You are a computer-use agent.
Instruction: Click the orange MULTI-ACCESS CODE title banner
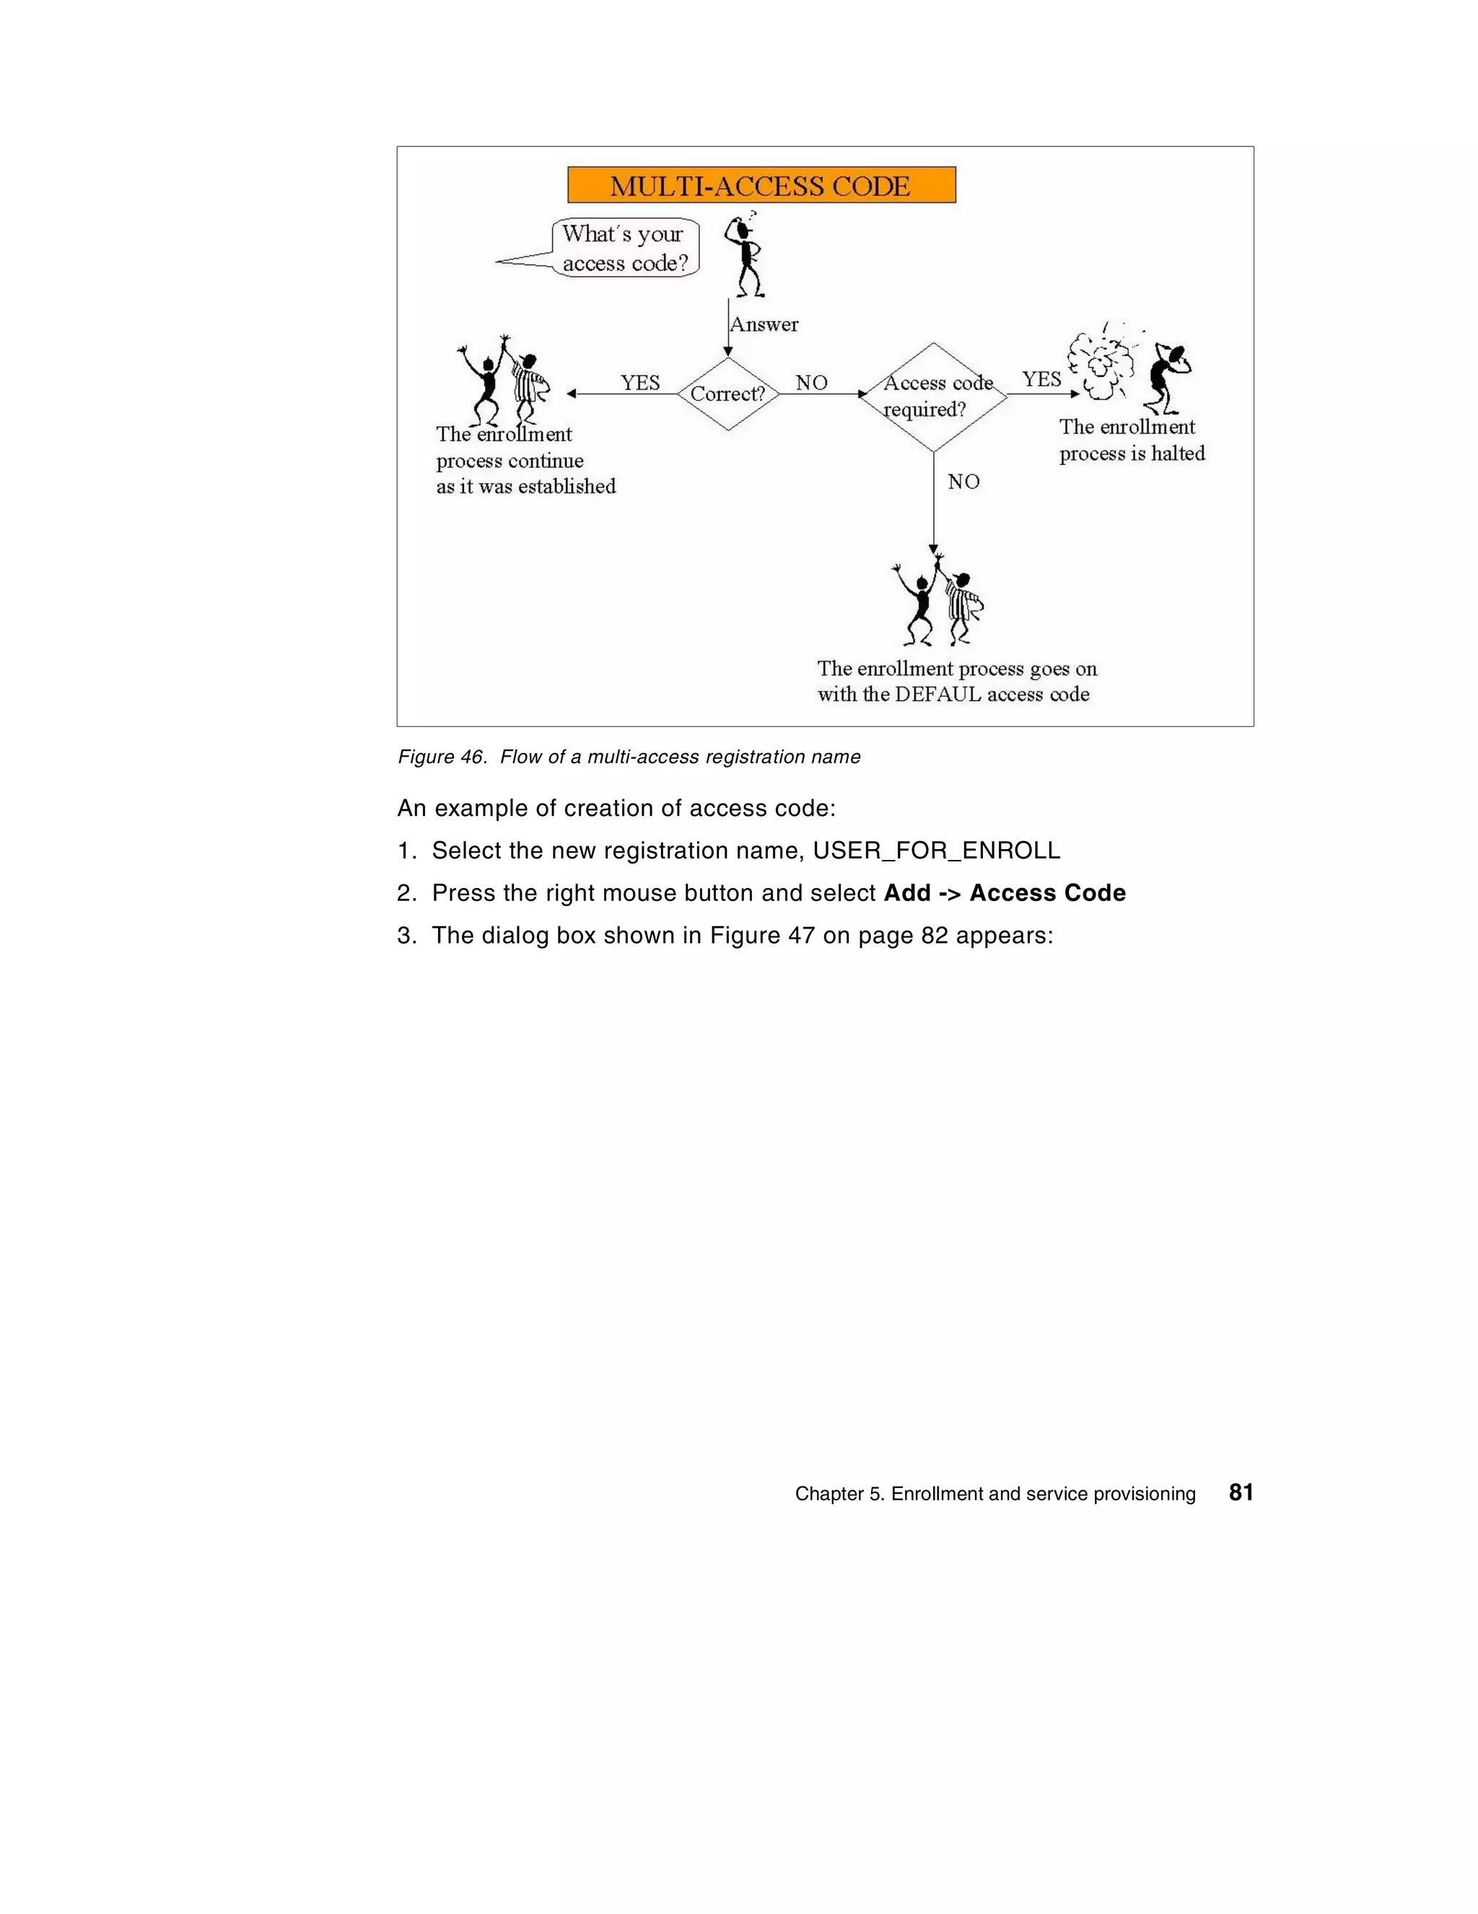761,185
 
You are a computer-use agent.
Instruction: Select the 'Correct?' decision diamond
727,393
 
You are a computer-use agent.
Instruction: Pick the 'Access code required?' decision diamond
934,396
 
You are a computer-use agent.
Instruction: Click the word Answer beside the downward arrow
764,324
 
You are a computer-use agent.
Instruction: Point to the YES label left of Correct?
639,382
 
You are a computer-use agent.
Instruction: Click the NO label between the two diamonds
811,382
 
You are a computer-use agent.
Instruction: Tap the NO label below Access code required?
963,481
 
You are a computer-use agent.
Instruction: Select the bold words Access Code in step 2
1047,893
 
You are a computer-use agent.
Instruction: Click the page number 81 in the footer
1241,1492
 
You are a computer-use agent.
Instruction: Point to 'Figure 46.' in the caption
442,757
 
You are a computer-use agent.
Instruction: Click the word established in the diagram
565,487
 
